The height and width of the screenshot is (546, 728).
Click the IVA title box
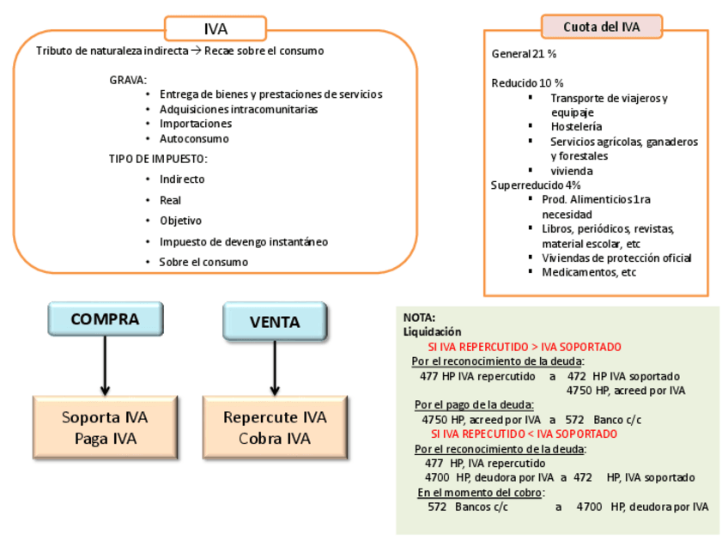[215, 29]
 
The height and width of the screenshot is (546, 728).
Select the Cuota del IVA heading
[601, 27]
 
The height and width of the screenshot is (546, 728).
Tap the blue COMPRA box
[105, 319]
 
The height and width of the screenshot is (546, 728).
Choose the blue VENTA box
[275, 322]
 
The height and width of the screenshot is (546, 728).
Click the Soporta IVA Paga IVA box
[105, 428]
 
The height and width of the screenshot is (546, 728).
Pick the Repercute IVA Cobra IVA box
[275, 428]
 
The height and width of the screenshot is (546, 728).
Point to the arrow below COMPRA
[105, 365]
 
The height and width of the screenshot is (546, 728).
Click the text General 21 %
[524, 53]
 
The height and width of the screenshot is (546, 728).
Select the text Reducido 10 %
[527, 83]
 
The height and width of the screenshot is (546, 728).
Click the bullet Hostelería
[576, 126]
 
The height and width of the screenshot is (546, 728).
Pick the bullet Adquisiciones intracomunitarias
[238, 109]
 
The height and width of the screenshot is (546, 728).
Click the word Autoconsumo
[194, 138]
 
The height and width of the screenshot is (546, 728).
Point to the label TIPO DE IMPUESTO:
[158, 159]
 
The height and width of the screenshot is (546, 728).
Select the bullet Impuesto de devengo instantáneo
[243, 241]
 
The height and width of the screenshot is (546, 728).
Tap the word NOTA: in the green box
[419, 317]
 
